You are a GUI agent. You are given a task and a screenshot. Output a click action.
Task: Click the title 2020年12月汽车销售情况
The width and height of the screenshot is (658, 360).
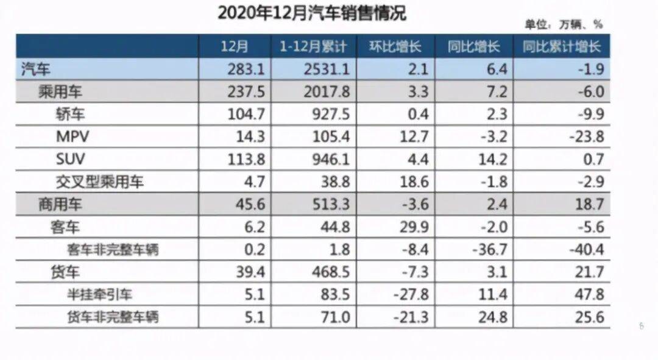click(x=311, y=13)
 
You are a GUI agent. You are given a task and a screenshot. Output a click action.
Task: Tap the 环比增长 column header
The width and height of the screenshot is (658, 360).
click(x=395, y=47)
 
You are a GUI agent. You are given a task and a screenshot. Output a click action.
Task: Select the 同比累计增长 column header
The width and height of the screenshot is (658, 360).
click(x=561, y=47)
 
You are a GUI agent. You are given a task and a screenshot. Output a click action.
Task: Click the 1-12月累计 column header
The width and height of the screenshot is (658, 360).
click(x=313, y=47)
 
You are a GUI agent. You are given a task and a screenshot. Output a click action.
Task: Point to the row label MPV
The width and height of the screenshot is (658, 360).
click(x=73, y=137)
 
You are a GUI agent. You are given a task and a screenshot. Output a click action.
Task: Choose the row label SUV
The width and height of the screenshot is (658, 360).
click(x=71, y=160)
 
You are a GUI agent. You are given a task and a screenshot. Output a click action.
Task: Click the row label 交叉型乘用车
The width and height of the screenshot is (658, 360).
click(x=100, y=182)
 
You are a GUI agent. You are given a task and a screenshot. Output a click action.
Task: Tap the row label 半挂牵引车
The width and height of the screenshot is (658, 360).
click(x=99, y=295)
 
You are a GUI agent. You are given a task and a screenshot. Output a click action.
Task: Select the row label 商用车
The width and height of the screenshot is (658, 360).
click(x=60, y=205)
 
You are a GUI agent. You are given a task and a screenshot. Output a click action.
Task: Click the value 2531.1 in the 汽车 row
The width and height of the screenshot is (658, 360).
click(x=330, y=69)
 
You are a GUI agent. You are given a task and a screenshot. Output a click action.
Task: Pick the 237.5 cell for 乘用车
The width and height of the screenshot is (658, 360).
click(x=246, y=92)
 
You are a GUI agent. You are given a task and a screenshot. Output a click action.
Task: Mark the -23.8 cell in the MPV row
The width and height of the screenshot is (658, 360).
click(x=587, y=137)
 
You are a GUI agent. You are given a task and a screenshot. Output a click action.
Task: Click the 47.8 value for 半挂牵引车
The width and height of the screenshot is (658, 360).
click(x=590, y=295)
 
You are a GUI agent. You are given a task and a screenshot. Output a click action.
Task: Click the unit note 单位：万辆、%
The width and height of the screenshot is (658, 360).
click(x=564, y=25)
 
